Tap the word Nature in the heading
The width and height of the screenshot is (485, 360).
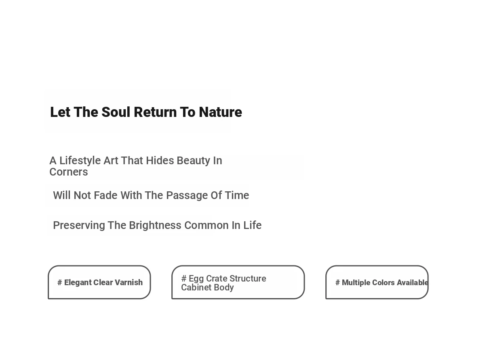[220, 112]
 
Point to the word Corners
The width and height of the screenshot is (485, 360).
[69, 172]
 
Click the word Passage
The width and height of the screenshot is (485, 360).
[187, 195]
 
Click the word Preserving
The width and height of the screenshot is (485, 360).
[79, 225]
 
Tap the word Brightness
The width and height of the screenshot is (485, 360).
[155, 225]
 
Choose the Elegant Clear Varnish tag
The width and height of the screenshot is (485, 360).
[99, 282]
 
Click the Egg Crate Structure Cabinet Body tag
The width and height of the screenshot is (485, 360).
[238, 282]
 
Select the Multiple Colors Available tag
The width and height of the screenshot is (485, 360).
[377, 282]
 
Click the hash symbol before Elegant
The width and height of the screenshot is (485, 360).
[60, 282]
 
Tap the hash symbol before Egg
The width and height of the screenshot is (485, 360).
[184, 278]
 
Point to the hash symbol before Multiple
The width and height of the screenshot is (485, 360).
[337, 282]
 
